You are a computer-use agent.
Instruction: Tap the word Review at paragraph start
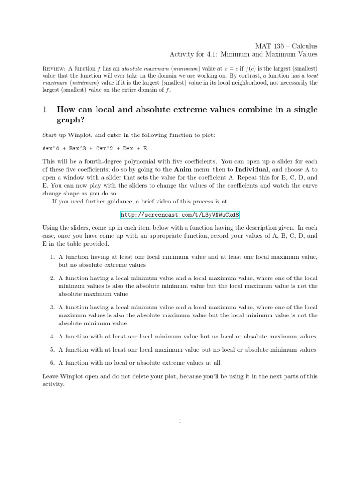click(54, 68)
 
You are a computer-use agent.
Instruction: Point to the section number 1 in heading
click(45, 110)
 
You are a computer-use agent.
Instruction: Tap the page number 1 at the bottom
click(180, 421)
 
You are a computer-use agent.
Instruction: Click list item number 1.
click(52, 257)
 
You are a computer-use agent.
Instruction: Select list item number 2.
click(52, 278)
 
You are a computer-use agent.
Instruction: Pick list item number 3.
click(52, 307)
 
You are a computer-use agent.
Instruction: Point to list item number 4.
click(52, 336)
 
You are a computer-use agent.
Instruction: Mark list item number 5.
click(52, 349)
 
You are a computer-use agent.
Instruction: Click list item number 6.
click(52, 362)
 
